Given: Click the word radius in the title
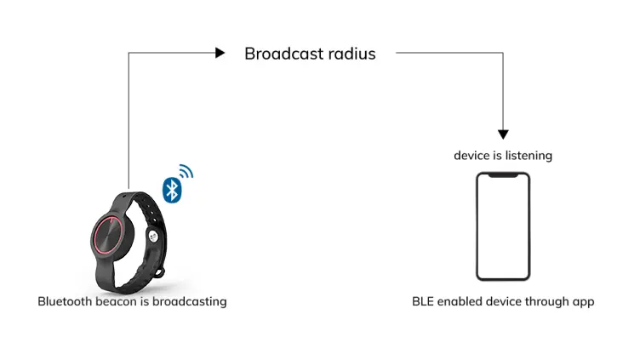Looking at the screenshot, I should click(x=351, y=54).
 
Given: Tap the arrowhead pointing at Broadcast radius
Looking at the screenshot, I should click(x=220, y=53).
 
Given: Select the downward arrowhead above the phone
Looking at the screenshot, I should click(x=503, y=134).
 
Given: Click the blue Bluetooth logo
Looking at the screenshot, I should click(x=172, y=190).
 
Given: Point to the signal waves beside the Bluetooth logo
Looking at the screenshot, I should click(x=186, y=172).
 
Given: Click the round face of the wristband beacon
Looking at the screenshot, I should click(x=111, y=234).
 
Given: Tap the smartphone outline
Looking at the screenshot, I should click(x=503, y=226).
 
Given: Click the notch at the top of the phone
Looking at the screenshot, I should click(x=503, y=176).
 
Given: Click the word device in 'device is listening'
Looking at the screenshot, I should click(x=471, y=156).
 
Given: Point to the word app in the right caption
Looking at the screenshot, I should click(x=583, y=301).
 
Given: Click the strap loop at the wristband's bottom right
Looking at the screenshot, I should click(x=159, y=272).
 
